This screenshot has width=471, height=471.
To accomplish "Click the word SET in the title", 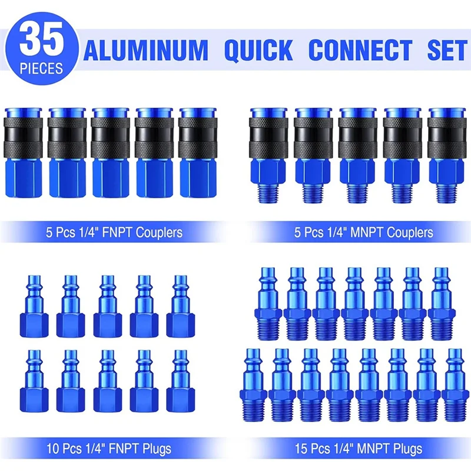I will click(446, 50).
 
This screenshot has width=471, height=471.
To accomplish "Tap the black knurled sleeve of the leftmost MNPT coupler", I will click(268, 135).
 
